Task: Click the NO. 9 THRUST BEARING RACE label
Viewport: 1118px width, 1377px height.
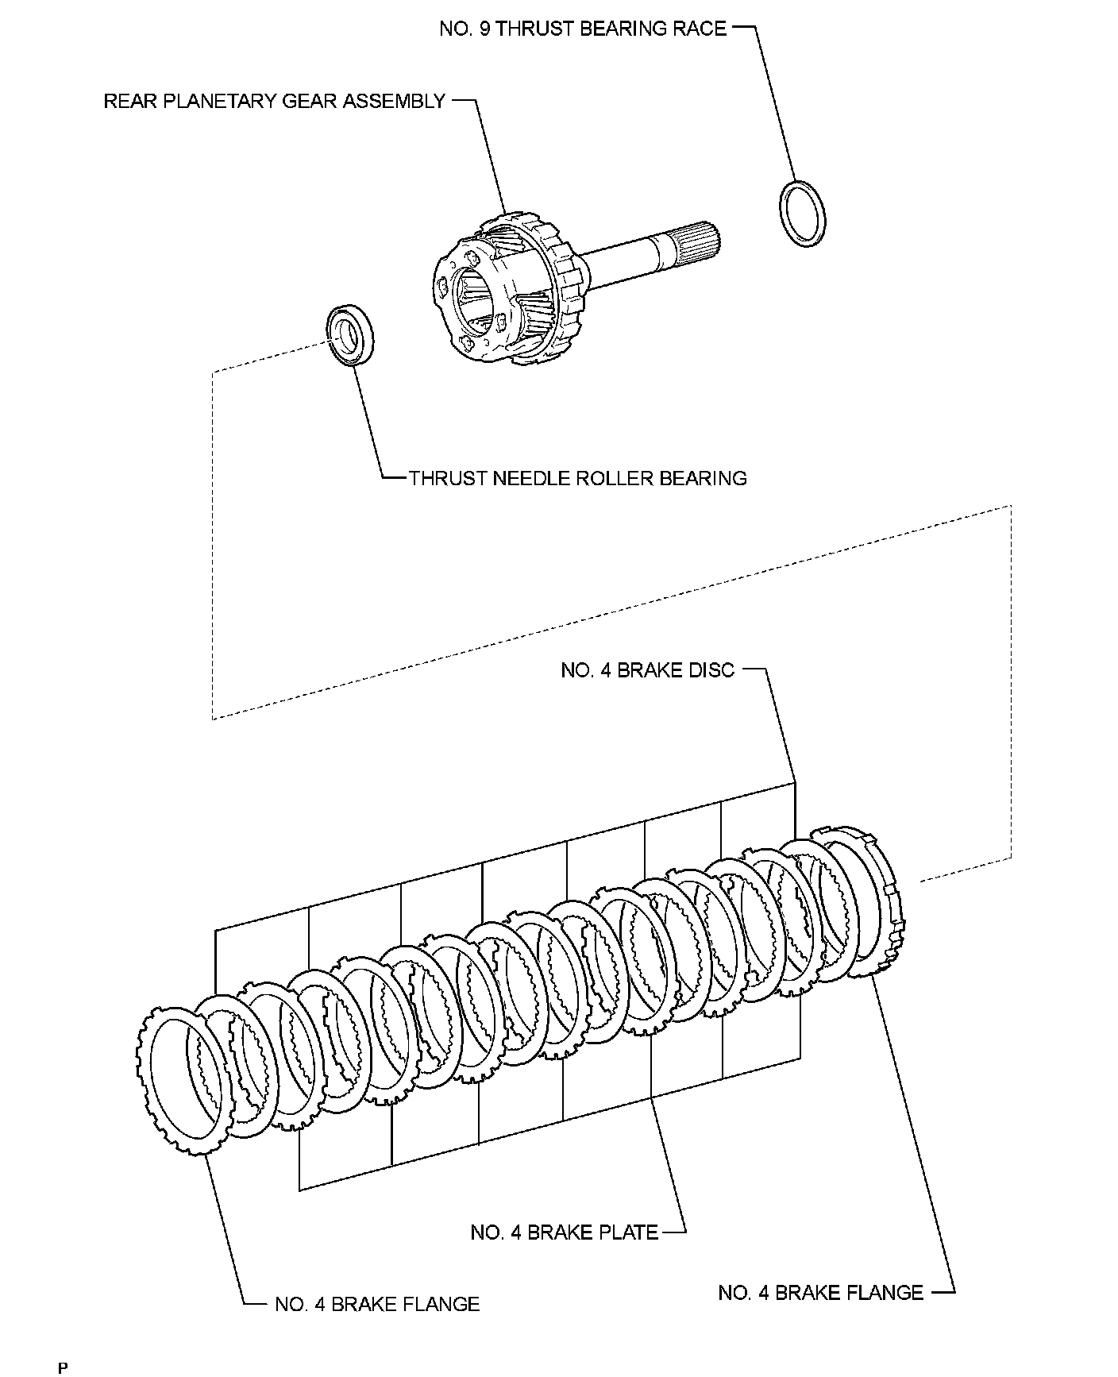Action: [583, 29]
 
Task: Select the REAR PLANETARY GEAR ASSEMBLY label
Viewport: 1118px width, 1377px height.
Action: [275, 102]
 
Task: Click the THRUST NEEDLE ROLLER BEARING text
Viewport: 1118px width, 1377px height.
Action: [577, 478]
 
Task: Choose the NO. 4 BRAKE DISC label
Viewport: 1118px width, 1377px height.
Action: [648, 670]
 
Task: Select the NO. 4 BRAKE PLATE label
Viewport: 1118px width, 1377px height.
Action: [565, 1232]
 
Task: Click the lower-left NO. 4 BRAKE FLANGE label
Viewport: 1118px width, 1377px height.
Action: [377, 1304]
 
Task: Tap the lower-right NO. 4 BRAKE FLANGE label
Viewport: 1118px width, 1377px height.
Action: [820, 1293]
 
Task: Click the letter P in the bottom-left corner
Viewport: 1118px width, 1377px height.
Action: [63, 1368]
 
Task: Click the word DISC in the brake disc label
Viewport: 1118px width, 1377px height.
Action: [711, 670]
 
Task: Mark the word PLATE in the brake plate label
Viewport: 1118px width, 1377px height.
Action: [631, 1232]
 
